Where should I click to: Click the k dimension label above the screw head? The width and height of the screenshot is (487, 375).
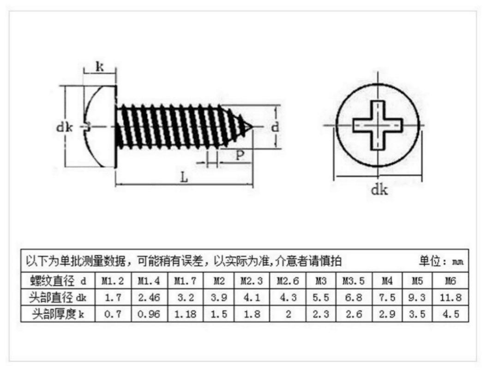click(99, 67)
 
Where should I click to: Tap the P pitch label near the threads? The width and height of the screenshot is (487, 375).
click(240, 155)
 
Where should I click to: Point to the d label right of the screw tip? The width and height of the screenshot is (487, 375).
click(275, 126)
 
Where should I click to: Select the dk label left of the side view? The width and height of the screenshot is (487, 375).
click(65, 127)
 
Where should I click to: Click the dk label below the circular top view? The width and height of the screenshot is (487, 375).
click(379, 189)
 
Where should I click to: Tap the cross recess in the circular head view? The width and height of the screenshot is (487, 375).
click(378, 125)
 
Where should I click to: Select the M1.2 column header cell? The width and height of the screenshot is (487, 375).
click(113, 281)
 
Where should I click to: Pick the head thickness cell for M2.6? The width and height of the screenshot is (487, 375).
click(288, 314)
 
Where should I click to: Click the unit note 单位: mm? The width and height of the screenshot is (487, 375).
click(440, 262)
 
